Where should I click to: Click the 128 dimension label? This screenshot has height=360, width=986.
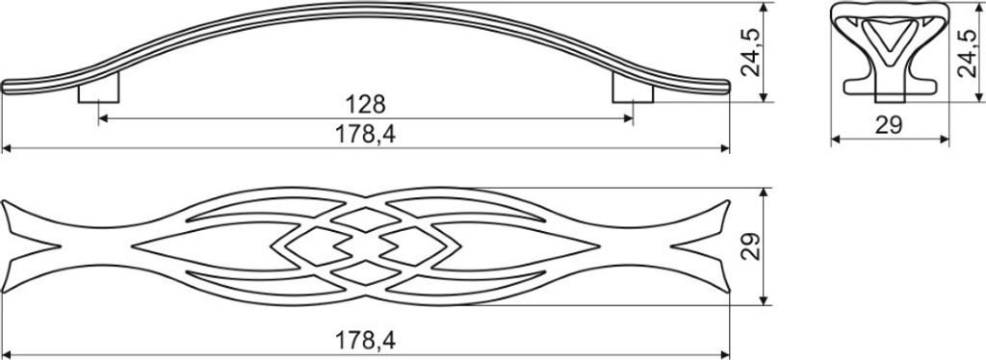(x=365, y=104)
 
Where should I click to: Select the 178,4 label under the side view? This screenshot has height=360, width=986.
(x=365, y=134)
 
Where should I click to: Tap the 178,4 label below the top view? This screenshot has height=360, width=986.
(x=365, y=341)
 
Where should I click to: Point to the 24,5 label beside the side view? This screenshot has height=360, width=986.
(x=751, y=52)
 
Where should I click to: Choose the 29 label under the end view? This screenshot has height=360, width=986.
(x=890, y=126)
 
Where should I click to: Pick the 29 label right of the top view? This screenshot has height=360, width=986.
(x=751, y=247)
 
